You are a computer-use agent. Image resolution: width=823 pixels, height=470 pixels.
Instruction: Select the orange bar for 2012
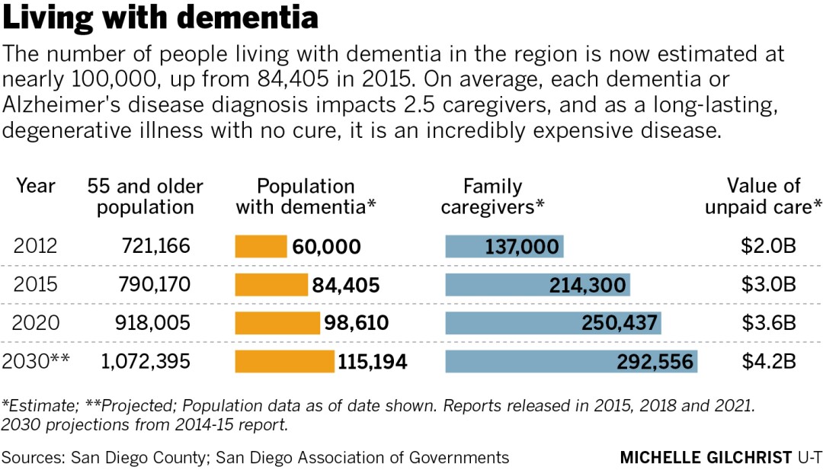click(x=260, y=246)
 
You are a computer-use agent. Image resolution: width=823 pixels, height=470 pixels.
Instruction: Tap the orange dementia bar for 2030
click(x=283, y=361)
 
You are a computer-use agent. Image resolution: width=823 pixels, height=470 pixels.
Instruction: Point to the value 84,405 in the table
click(x=345, y=285)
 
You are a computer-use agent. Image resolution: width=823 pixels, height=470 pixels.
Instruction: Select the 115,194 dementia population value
click(x=373, y=362)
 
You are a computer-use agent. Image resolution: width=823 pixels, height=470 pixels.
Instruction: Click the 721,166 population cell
click(x=155, y=246)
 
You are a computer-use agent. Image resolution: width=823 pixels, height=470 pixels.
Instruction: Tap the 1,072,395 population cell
click(x=145, y=361)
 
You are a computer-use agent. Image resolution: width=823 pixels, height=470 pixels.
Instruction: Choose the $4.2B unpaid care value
click(x=769, y=361)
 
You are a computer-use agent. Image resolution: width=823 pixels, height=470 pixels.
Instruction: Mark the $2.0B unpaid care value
click(x=769, y=246)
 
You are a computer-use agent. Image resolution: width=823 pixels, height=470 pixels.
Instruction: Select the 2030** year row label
click(x=37, y=361)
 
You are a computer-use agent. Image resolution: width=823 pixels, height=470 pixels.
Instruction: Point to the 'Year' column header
click(x=36, y=186)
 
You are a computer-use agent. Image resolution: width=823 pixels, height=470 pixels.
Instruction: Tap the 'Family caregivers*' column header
click(x=492, y=196)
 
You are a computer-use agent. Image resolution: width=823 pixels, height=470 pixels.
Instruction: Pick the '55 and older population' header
click(x=145, y=196)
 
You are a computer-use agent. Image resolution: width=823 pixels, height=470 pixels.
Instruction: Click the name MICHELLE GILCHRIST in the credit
click(x=706, y=457)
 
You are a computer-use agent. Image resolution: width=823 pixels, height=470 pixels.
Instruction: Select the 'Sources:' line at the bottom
click(x=255, y=457)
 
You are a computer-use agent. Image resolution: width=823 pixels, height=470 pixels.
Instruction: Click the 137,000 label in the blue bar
click(x=523, y=247)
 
